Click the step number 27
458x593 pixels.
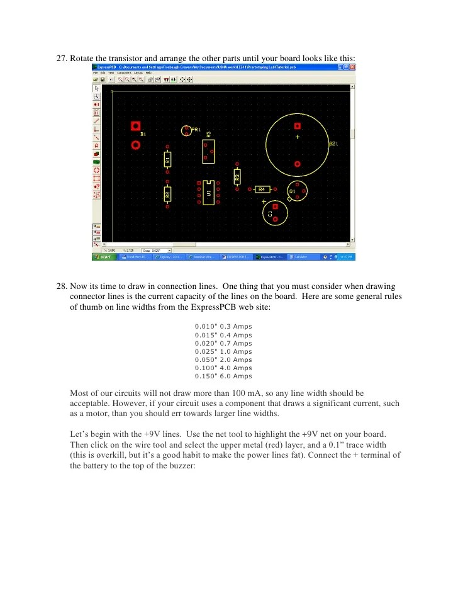point(62,59)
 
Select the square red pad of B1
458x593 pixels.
point(135,126)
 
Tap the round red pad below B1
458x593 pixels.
point(135,145)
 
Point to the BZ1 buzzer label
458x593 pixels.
point(334,144)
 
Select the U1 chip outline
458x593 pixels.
point(208,193)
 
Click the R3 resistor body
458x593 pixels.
point(237,176)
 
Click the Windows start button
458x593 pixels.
point(102,257)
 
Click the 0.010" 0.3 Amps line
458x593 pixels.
point(223,327)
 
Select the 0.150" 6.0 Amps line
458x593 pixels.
point(223,376)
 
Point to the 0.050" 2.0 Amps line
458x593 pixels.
point(223,360)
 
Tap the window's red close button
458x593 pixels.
point(352,67)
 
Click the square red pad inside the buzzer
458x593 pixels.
point(298,126)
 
